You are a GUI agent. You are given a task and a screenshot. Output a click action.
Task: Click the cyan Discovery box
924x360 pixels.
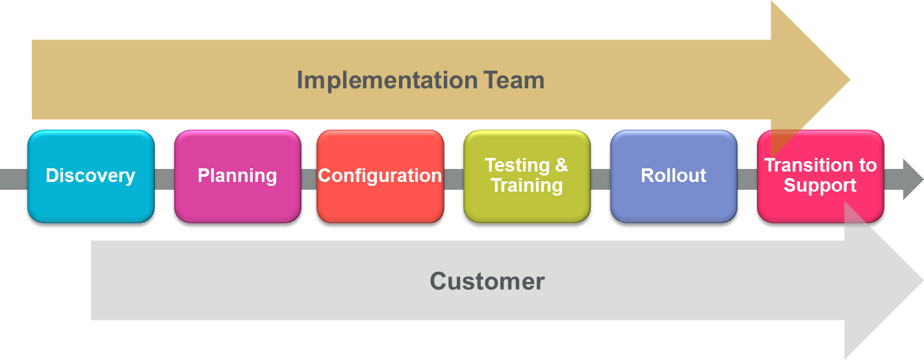(91, 176)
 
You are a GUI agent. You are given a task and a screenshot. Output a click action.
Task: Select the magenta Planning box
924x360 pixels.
(238, 176)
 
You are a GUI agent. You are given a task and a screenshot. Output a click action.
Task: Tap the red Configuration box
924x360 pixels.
(380, 176)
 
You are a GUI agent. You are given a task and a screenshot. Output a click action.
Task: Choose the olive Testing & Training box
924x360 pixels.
(527, 176)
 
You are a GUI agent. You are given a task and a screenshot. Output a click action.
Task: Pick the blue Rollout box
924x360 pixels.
(674, 176)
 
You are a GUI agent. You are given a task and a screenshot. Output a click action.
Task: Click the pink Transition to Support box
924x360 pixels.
(821, 176)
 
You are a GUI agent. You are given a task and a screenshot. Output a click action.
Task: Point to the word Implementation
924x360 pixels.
(387, 81)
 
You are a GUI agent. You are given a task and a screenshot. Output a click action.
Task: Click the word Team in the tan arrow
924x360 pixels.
(514, 80)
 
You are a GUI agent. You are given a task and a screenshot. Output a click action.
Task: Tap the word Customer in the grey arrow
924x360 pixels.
(487, 281)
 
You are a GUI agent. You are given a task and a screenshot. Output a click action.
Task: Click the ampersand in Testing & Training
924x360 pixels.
(561, 165)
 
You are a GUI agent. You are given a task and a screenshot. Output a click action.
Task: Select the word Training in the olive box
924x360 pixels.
(527, 186)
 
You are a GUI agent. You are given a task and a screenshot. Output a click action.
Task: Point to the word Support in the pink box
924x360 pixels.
(820, 186)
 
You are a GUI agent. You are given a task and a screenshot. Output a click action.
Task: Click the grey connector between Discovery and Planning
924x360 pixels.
(164, 179)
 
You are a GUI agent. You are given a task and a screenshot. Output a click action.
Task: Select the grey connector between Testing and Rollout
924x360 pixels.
(600, 179)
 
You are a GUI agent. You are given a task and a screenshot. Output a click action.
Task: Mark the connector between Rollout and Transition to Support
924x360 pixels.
(747, 179)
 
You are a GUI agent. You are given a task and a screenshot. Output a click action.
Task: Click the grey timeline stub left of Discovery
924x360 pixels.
(14, 179)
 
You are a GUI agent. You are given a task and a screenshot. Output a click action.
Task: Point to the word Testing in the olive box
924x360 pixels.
(517, 166)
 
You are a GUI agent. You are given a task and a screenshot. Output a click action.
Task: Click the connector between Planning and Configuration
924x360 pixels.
(309, 179)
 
